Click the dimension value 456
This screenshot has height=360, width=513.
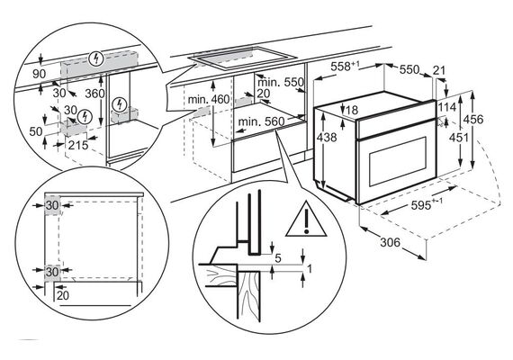(x=474, y=119)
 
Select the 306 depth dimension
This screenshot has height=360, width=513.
(x=391, y=242)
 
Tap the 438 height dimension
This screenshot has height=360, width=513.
(x=327, y=137)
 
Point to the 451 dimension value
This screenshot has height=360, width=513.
(x=459, y=138)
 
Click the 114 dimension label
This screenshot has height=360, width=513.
(x=447, y=107)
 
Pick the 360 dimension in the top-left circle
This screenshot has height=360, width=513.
(x=94, y=94)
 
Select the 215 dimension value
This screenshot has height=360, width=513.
(x=78, y=145)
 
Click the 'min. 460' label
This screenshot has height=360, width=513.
(x=209, y=99)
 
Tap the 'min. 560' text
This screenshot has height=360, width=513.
(x=261, y=121)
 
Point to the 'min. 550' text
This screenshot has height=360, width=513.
(x=281, y=82)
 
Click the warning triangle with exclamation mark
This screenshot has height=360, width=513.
(x=306, y=220)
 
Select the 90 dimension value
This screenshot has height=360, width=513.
(x=40, y=74)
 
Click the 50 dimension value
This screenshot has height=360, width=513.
(x=36, y=131)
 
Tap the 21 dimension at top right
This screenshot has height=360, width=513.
(x=439, y=69)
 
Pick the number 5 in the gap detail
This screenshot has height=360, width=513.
(x=278, y=258)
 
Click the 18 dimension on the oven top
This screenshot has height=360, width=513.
(x=352, y=110)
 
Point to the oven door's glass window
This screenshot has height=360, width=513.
(x=398, y=162)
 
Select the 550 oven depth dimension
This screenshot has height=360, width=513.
(x=409, y=69)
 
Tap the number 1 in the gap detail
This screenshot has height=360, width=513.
(x=310, y=269)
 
